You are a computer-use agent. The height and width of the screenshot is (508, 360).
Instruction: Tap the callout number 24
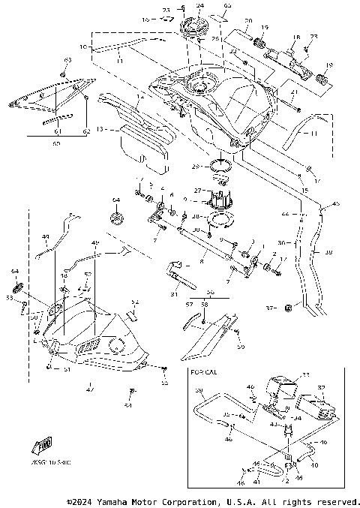point(199,6)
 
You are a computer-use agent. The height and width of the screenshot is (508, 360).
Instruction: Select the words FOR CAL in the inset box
point(204,371)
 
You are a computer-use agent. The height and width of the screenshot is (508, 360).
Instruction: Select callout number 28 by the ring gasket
point(195,216)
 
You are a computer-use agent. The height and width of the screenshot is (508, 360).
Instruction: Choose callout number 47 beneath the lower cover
point(91,389)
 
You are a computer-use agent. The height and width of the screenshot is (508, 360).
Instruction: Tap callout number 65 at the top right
point(228,5)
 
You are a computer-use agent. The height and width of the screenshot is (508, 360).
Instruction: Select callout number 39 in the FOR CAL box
point(199,391)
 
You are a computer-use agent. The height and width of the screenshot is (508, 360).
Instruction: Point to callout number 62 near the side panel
point(85,131)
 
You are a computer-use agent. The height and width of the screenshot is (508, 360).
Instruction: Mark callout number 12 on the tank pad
point(139,96)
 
